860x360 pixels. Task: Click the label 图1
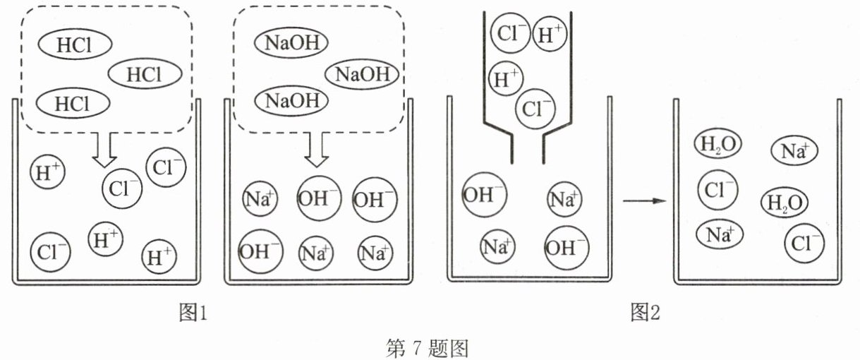pyautogui.click(x=193, y=312)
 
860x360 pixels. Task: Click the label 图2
pyautogui.click(x=646, y=312)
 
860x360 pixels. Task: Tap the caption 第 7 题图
pyautogui.click(x=427, y=349)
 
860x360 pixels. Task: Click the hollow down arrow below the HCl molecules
pyautogui.click(x=104, y=150)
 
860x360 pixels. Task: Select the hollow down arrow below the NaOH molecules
pyautogui.click(x=316, y=150)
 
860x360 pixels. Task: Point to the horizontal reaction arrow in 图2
pyautogui.click(x=644, y=201)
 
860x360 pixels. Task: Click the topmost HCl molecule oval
pyautogui.click(x=75, y=44)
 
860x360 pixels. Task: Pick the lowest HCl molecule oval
pyautogui.click(x=73, y=103)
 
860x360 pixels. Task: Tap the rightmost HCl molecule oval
pyautogui.click(x=145, y=74)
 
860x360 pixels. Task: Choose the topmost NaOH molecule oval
pyautogui.click(x=291, y=42)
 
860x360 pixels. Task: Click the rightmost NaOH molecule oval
pyautogui.click(x=362, y=74)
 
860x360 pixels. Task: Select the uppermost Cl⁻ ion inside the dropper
pyautogui.click(x=510, y=32)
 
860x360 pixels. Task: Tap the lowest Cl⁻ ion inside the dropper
pyautogui.click(x=535, y=109)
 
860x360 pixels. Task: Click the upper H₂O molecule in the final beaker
pyautogui.click(x=718, y=144)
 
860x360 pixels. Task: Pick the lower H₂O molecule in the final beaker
pyautogui.click(x=785, y=203)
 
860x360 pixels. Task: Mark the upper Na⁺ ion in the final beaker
pyautogui.click(x=794, y=150)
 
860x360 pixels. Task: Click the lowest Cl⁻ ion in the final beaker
pyautogui.click(x=804, y=244)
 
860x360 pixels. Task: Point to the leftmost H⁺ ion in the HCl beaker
pyautogui.click(x=47, y=172)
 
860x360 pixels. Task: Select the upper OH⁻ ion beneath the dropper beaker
pyautogui.click(x=484, y=195)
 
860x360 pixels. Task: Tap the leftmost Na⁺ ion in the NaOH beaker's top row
pyautogui.click(x=260, y=198)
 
